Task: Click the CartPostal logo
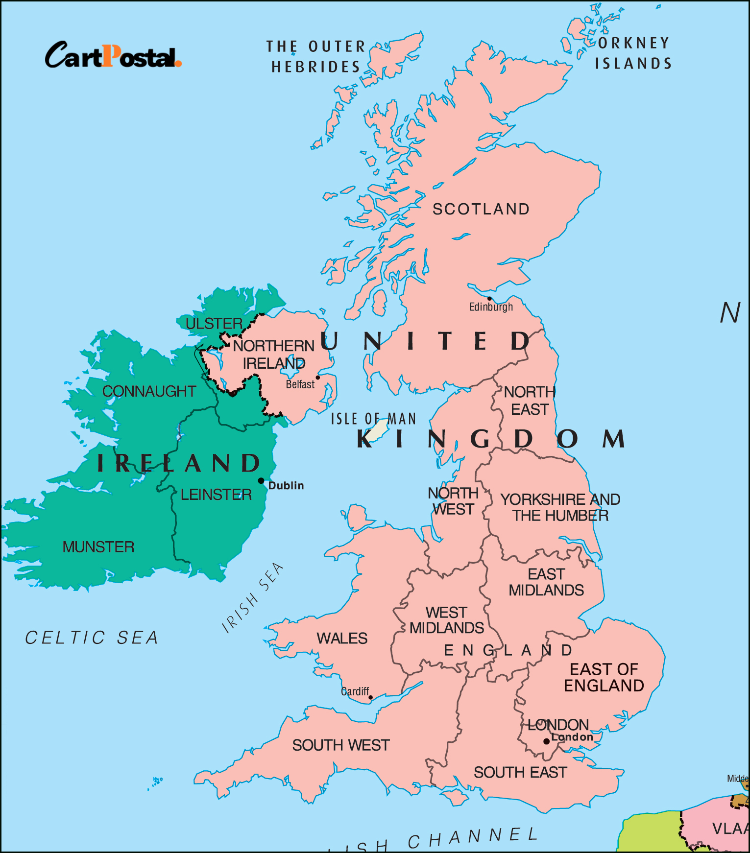(113, 55)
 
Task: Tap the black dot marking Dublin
(261, 481)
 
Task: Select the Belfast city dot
(317, 378)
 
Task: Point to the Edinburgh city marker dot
(489, 298)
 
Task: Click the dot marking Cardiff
(370, 697)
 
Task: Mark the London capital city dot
(546, 741)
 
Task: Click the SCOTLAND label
(481, 209)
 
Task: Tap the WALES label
(342, 639)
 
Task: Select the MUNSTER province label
(98, 547)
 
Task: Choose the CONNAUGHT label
(149, 391)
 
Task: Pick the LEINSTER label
(216, 495)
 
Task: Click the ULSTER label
(214, 324)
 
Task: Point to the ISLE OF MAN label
(373, 419)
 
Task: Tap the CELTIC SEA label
(92, 638)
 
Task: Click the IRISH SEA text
(252, 598)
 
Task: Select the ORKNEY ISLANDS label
(633, 53)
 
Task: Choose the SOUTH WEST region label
(341, 745)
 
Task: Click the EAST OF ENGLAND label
(604, 677)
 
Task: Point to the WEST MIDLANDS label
(446, 620)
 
